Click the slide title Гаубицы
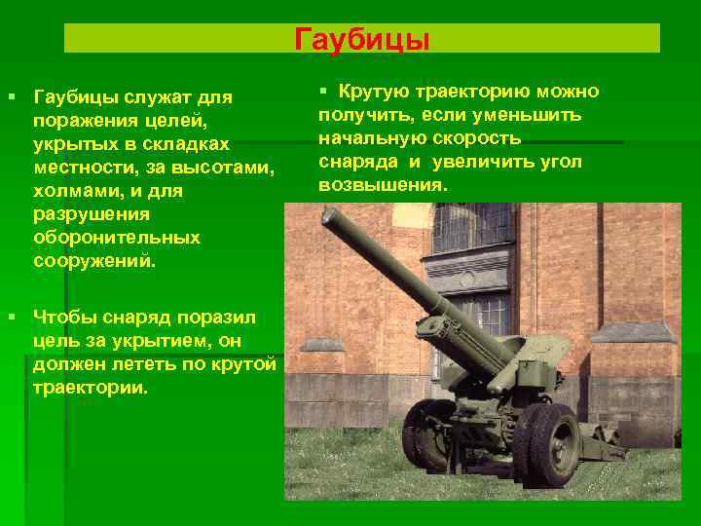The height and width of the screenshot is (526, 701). (361, 40)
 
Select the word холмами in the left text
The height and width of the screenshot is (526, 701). (72, 191)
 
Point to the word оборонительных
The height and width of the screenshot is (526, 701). (116, 238)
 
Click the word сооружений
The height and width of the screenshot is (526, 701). (93, 261)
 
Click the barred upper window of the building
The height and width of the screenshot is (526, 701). (472, 226)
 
